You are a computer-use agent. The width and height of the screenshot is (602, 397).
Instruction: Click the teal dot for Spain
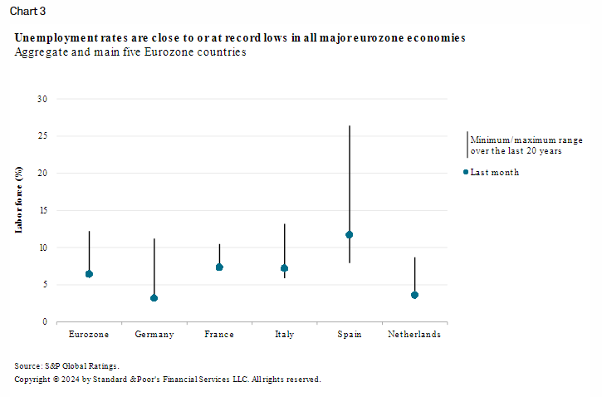pyautogui.click(x=350, y=234)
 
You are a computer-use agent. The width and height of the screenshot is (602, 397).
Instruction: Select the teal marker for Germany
pyautogui.click(x=154, y=298)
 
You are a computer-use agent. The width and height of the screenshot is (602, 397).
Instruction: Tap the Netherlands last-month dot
pyautogui.click(x=414, y=295)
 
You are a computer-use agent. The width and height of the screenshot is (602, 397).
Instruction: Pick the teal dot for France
pyautogui.click(x=219, y=267)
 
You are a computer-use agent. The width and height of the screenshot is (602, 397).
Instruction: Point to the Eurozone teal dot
pyautogui.click(x=89, y=274)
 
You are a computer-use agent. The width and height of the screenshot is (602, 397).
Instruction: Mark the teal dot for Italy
pyautogui.click(x=285, y=268)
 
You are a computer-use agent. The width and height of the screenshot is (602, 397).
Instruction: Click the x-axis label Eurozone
pyautogui.click(x=89, y=334)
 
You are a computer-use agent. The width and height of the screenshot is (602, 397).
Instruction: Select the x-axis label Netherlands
pyautogui.click(x=414, y=334)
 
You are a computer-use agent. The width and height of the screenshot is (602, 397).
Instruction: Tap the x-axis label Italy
pyautogui.click(x=285, y=335)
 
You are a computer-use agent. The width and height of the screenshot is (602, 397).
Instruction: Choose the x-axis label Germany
pyautogui.click(x=154, y=335)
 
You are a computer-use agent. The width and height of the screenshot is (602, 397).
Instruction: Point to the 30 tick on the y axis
pyautogui.click(x=42, y=99)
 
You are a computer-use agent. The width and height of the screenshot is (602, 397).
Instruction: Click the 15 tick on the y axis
pyautogui.click(x=42, y=210)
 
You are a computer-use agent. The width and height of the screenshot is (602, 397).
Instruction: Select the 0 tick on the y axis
pyautogui.click(x=45, y=321)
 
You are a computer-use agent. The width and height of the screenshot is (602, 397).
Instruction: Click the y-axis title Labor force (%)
pyautogui.click(x=18, y=200)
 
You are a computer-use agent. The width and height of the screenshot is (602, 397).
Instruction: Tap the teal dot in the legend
pyautogui.click(x=466, y=172)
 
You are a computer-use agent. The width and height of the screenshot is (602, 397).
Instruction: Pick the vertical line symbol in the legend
pyautogui.click(x=467, y=145)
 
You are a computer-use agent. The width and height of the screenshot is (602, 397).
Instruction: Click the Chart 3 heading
pyautogui.click(x=27, y=11)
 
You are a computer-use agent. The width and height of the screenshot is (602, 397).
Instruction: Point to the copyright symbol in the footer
pyautogui.click(x=56, y=380)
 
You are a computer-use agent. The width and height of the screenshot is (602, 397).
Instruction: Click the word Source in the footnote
pyautogui.click(x=27, y=366)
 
